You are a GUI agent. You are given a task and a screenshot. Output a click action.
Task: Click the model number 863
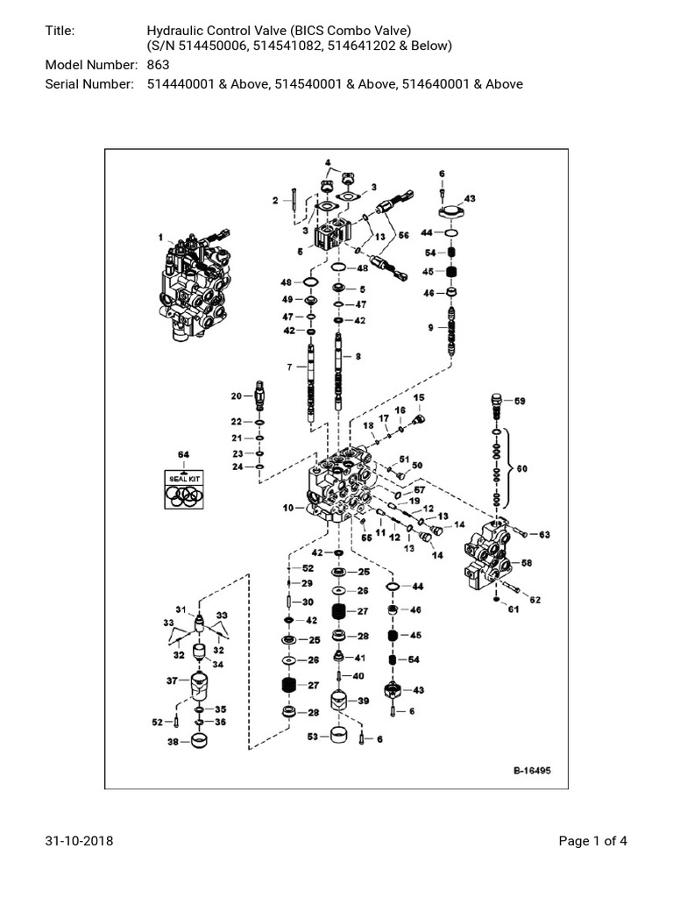coord(158,65)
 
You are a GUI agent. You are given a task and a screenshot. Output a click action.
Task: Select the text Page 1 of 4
coord(593,842)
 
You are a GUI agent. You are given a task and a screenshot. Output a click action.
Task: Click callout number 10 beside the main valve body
coord(288,507)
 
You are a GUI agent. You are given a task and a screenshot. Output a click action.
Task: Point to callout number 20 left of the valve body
coord(236,396)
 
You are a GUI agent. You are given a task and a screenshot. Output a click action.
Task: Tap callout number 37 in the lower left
coord(172,679)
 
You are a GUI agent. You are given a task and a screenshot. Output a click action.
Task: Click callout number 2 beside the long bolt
coord(274,201)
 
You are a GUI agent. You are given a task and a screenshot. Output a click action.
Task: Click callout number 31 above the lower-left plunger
coord(181,610)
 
